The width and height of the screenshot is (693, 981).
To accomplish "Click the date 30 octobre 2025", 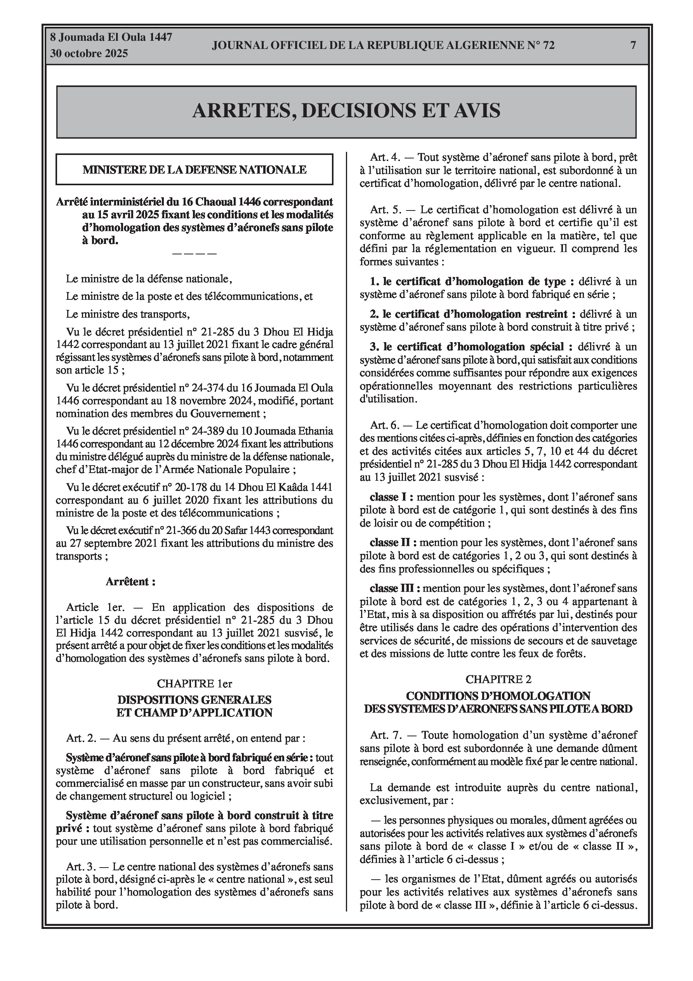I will coord(89,54).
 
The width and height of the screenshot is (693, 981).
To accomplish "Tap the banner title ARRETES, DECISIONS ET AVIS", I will coord(346,111).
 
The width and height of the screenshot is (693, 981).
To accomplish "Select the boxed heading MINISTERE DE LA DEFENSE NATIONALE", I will coord(195,170).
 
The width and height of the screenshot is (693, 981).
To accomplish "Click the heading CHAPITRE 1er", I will coord(195,684).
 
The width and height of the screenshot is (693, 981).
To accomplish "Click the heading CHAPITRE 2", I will coord(498,679).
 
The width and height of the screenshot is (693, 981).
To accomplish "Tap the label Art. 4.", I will coord(385,157).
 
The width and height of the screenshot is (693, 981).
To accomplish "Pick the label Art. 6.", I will coord(385,426).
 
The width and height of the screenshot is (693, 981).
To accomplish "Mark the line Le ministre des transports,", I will coord(127,315).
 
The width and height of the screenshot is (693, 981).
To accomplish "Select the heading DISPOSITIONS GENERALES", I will coord(195,700).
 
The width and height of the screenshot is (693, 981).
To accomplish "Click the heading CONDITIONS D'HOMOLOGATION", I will coord(498,696).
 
